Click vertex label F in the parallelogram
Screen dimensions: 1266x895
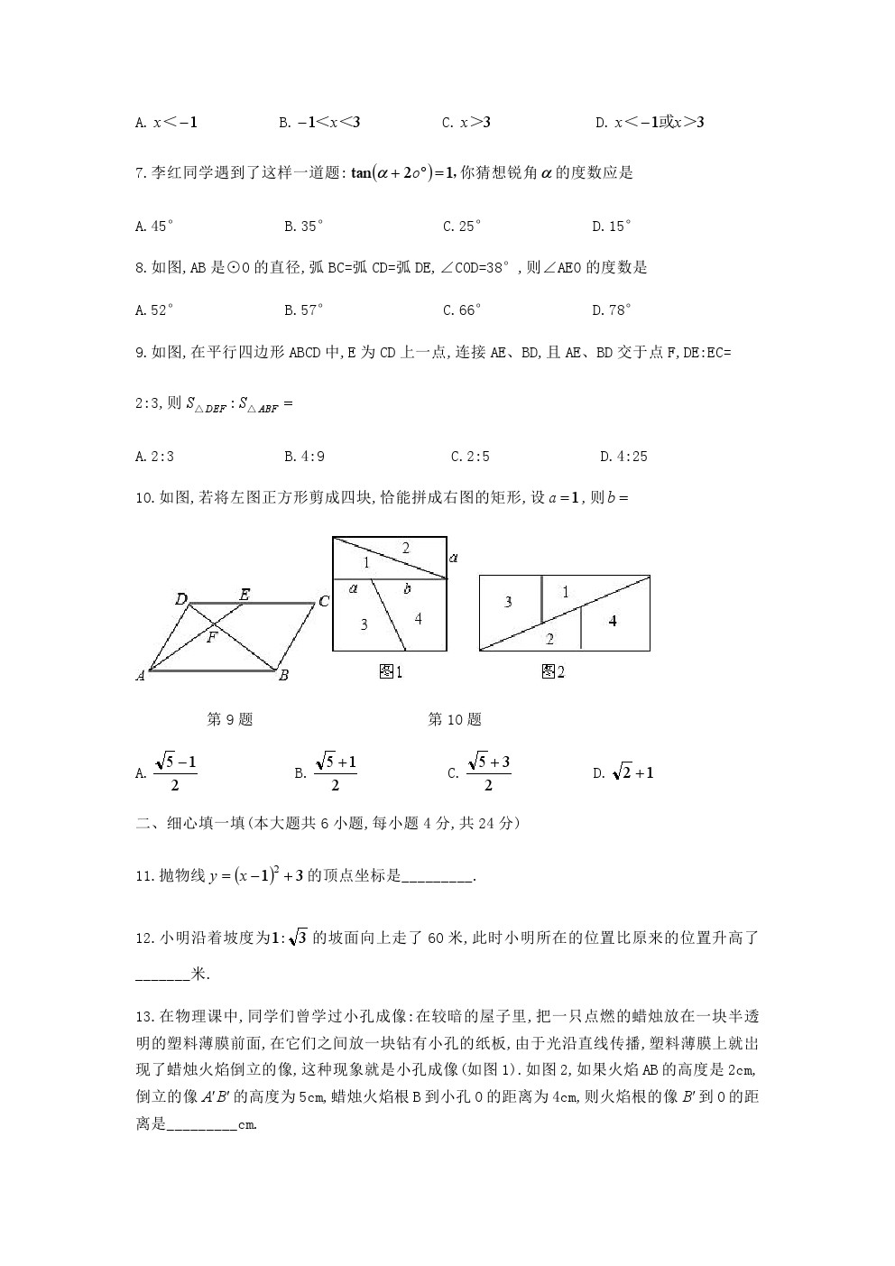coord(211,637)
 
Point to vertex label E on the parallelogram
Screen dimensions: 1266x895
coord(245,595)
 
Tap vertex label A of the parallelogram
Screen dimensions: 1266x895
coord(141,675)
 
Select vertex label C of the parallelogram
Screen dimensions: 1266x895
coord(323,601)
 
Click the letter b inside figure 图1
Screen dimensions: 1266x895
coord(408,589)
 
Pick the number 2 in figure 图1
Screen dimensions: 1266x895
coord(406,548)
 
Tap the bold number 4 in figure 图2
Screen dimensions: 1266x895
coord(613,621)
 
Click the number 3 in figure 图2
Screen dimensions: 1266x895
coord(508,601)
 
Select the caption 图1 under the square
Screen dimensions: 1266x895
coord(391,671)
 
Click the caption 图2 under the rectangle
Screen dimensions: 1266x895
coord(553,671)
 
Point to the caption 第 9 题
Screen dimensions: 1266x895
coord(230,719)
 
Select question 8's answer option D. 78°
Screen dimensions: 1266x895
coord(612,310)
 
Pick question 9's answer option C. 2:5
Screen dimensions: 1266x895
coord(470,457)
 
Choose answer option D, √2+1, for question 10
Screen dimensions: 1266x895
coord(623,772)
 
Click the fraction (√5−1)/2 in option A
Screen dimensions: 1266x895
coord(175,773)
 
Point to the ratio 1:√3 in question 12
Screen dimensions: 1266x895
coord(290,938)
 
